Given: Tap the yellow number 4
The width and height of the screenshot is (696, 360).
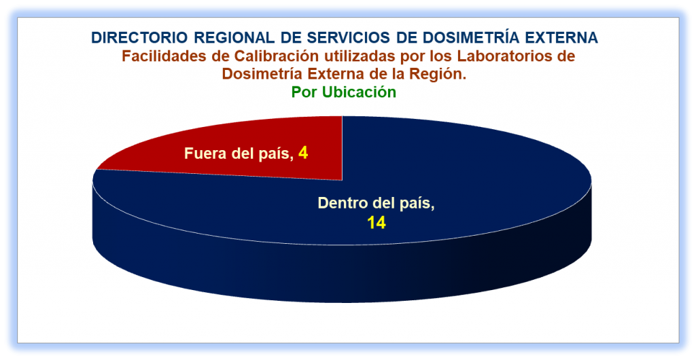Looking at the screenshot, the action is pyautogui.click(x=303, y=154).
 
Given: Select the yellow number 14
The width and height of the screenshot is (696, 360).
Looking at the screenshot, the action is pyautogui.click(x=376, y=223).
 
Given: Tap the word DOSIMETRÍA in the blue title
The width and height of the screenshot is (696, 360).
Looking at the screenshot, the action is pyautogui.click(x=465, y=37).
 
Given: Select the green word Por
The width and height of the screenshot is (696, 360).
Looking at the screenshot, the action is pyautogui.click(x=304, y=92).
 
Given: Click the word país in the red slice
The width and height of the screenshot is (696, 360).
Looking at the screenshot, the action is pyautogui.click(x=276, y=154).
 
